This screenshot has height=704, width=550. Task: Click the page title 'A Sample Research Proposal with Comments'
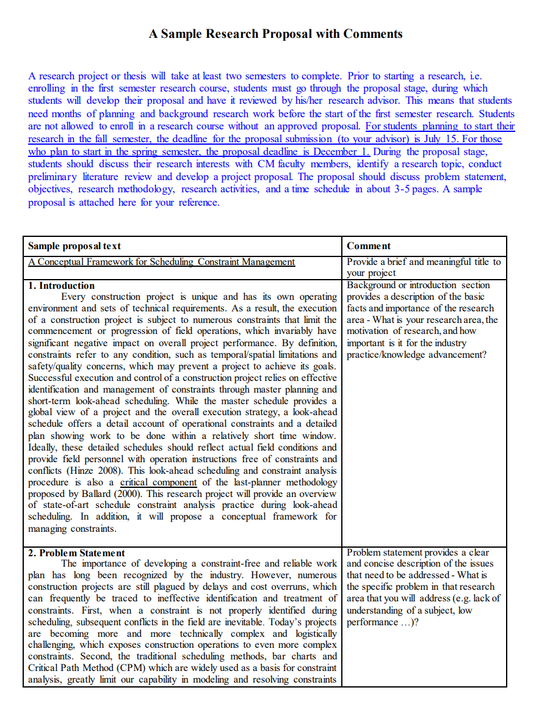coord(275,34)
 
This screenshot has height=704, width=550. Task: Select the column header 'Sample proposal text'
coord(74,246)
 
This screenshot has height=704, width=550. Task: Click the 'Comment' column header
coord(369,246)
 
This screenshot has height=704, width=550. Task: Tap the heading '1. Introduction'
coord(62,285)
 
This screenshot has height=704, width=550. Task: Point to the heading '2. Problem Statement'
coord(76,553)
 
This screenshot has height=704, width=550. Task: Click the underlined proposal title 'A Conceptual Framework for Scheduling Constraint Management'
coord(161,262)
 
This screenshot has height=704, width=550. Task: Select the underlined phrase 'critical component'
coord(158,482)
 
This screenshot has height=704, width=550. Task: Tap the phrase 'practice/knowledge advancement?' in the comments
coord(417,355)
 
